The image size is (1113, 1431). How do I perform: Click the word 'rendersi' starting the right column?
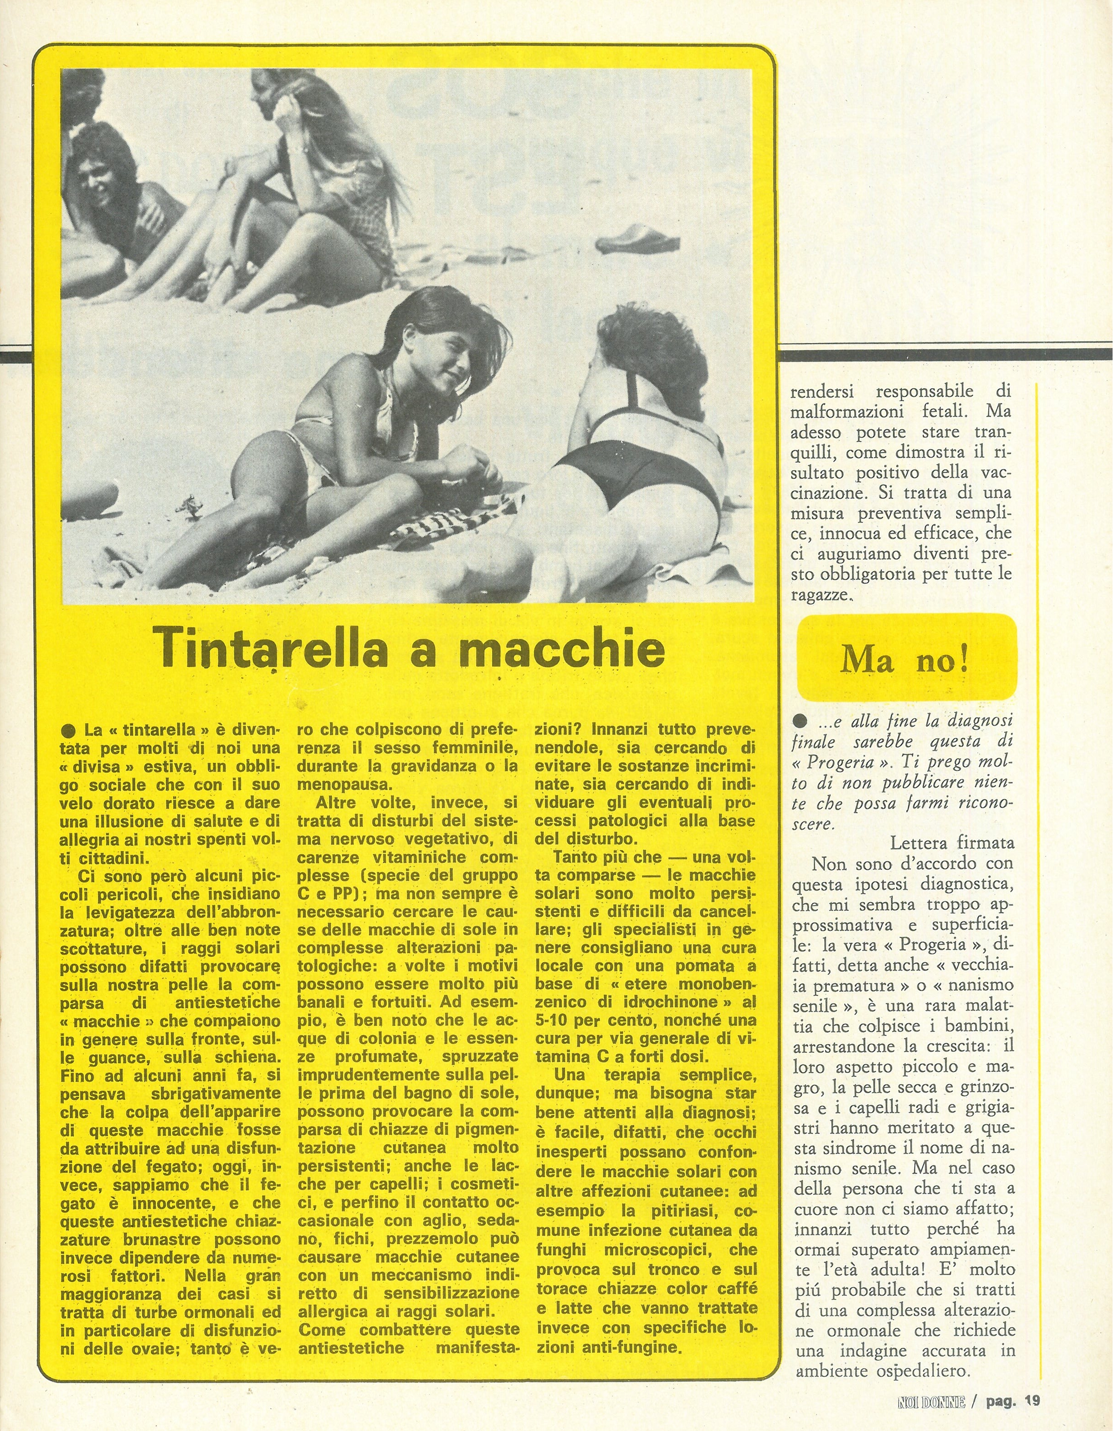[819, 392]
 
